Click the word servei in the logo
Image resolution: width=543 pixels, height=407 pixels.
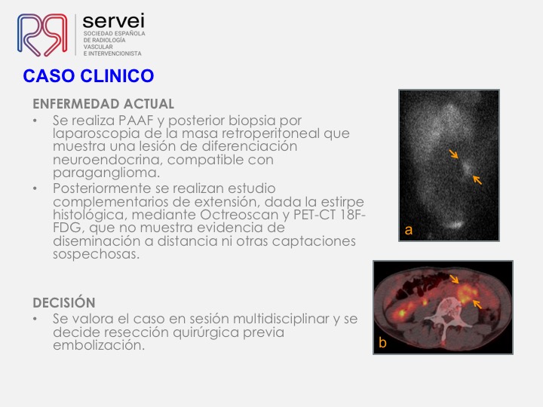(113, 21)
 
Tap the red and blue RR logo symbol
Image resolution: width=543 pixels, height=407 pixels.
(42, 35)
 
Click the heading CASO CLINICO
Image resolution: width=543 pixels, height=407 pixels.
(88, 76)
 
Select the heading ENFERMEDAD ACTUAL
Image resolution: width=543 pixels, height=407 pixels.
(103, 104)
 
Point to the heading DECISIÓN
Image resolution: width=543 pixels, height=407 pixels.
(63, 302)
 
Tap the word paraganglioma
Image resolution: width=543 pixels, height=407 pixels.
(106, 173)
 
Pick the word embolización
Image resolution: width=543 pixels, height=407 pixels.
(99, 344)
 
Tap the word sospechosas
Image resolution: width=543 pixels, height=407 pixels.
(96, 255)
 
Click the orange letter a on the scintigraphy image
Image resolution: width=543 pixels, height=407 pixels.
(409, 230)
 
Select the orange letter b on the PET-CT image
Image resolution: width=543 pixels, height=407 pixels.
(382, 342)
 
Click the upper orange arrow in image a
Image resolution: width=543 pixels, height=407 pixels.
(454, 154)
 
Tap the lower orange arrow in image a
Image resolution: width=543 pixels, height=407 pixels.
(477, 179)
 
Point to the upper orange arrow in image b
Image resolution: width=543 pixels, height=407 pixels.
(454, 279)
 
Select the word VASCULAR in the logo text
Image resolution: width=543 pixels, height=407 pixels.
(98, 47)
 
